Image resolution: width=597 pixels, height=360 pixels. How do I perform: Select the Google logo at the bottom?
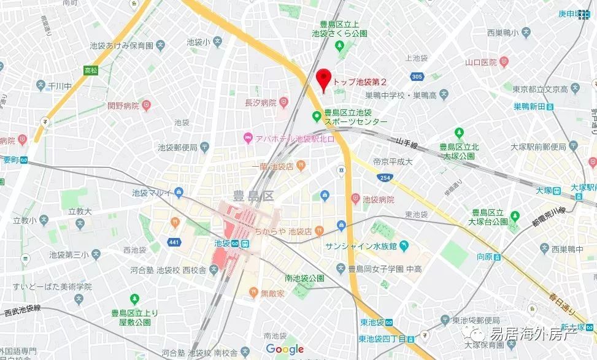point(285,350)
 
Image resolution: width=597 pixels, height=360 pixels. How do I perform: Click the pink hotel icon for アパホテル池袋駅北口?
point(248,136)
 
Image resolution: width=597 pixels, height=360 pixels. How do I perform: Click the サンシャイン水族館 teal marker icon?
point(404,247)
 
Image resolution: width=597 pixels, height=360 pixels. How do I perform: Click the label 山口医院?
point(480,62)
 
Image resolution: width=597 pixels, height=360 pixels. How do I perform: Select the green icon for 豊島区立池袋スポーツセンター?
point(317,115)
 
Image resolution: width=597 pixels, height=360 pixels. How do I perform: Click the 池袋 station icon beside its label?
point(245,243)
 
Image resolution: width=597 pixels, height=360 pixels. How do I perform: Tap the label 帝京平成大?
point(393,162)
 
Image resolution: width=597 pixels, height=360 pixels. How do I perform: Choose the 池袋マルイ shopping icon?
point(179,193)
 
